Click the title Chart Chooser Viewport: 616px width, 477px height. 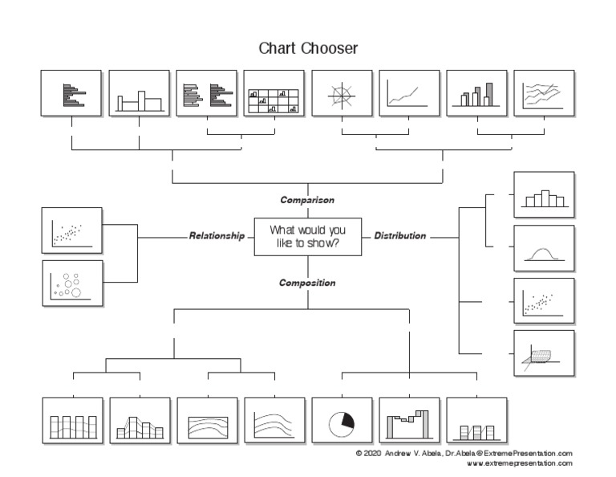pos(307,48)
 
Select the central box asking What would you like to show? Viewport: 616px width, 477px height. pos(307,237)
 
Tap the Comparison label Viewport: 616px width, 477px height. pos(307,200)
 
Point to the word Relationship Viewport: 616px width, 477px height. pos(217,236)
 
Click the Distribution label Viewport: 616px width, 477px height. pos(399,236)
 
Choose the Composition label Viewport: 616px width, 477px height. pos(307,283)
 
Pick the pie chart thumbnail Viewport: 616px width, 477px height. pos(342,421)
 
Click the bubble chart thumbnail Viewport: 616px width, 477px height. pos(72,283)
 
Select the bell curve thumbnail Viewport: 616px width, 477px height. pos(544,248)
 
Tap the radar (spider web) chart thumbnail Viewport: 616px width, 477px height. pos(342,93)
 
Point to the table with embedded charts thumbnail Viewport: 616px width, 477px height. pos(274,93)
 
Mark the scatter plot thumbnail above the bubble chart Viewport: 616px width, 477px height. pos(72,230)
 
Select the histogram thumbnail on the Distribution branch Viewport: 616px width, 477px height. pos(544,195)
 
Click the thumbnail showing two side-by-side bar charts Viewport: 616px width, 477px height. pos(207,93)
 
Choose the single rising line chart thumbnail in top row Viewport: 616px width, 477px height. pos(409,93)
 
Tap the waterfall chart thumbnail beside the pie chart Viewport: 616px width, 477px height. pos(409,421)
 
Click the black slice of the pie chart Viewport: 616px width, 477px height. pos(347,418)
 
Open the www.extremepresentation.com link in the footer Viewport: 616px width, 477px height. pos(519,463)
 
